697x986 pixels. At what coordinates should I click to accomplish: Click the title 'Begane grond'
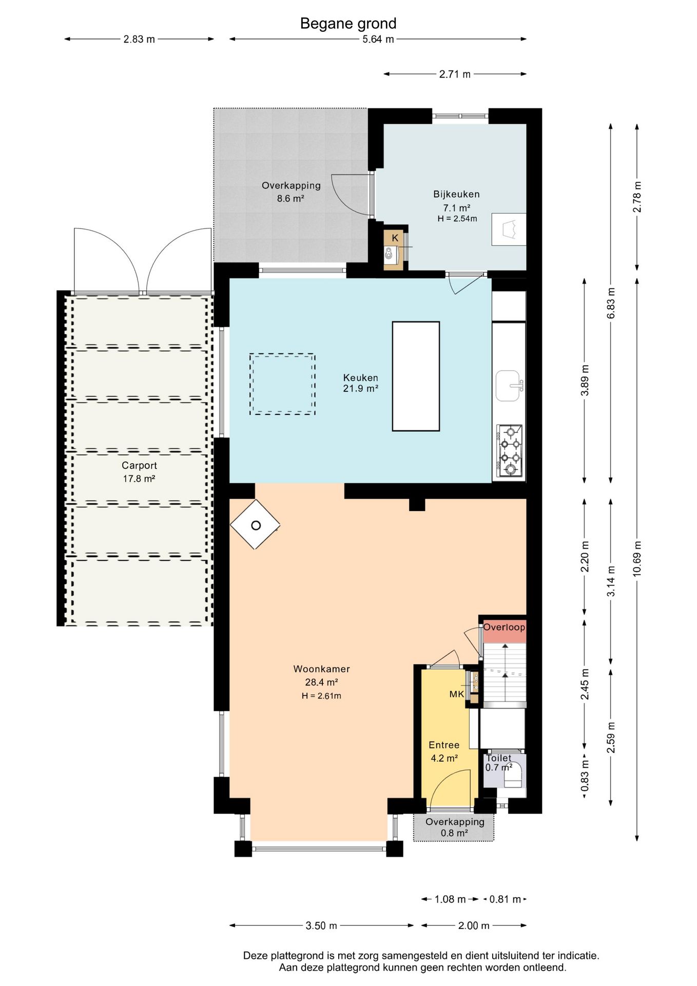click(x=348, y=24)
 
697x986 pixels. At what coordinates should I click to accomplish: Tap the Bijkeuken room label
click(x=456, y=194)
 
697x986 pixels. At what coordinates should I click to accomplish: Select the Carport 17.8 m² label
click(x=139, y=472)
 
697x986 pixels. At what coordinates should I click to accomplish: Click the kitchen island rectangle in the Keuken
click(x=416, y=376)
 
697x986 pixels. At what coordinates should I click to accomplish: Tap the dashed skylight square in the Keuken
click(x=282, y=384)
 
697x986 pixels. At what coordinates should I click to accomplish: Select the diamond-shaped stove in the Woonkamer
click(x=255, y=525)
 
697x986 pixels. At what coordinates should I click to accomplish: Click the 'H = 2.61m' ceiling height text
click(x=321, y=696)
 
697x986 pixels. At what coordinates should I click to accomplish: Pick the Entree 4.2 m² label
click(x=444, y=751)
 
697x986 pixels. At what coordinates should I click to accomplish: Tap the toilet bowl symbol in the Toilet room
click(x=512, y=776)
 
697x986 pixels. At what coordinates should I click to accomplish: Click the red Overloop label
click(x=505, y=627)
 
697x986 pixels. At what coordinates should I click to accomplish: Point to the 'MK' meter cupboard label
click(x=456, y=694)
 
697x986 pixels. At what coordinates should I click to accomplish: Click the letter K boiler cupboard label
click(x=395, y=238)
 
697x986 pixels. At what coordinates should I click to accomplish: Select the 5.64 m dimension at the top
click(x=378, y=39)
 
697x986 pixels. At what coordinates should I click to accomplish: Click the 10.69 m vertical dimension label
click(x=637, y=559)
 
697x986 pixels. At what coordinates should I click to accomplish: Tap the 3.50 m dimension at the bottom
click(x=321, y=925)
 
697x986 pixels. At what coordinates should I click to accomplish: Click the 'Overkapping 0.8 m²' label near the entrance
click(x=455, y=827)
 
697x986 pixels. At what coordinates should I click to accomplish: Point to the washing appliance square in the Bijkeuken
click(x=509, y=229)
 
